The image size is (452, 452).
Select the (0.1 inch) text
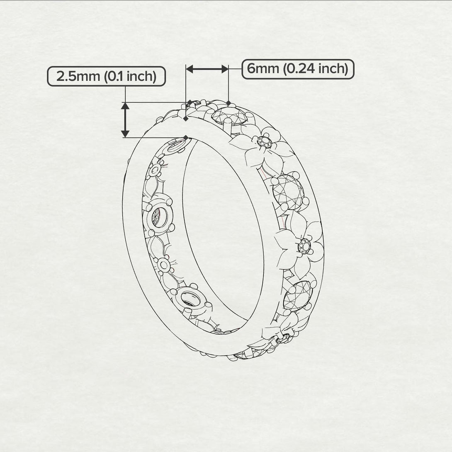click(130, 77)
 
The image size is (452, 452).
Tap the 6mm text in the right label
click(263, 68)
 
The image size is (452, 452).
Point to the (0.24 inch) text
click(316, 68)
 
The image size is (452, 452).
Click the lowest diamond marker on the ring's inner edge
click(186, 137)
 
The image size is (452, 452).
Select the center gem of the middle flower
click(304, 246)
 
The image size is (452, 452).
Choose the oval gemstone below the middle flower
click(298, 295)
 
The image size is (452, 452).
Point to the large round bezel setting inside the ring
click(158, 215)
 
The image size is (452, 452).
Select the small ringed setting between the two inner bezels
click(164, 264)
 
